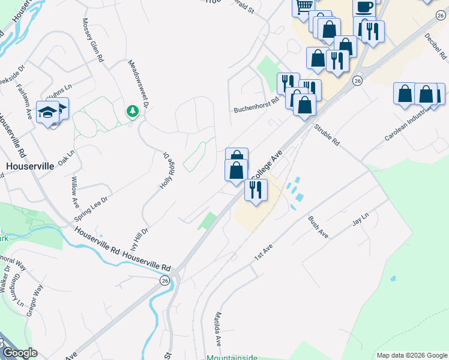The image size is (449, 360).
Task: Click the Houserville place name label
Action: [30, 165]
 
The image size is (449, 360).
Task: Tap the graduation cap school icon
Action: [47, 112]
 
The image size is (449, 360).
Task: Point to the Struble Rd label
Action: [328, 136]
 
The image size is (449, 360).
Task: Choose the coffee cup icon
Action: [364, 7]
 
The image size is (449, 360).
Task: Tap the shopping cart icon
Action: [304, 6]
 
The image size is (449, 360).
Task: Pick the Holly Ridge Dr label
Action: [165, 170]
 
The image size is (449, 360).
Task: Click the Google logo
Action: [19, 353]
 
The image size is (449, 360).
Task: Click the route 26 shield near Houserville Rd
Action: [164, 280]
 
